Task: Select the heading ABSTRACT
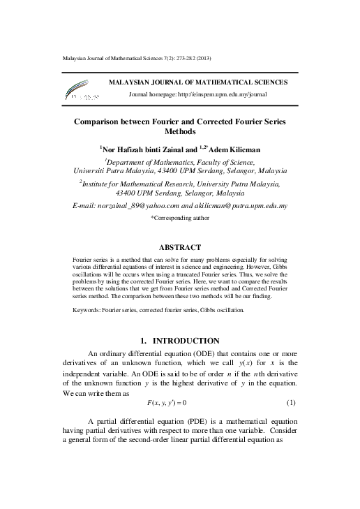(x=180, y=247)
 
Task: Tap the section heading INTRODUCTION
(x=186, y=341)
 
